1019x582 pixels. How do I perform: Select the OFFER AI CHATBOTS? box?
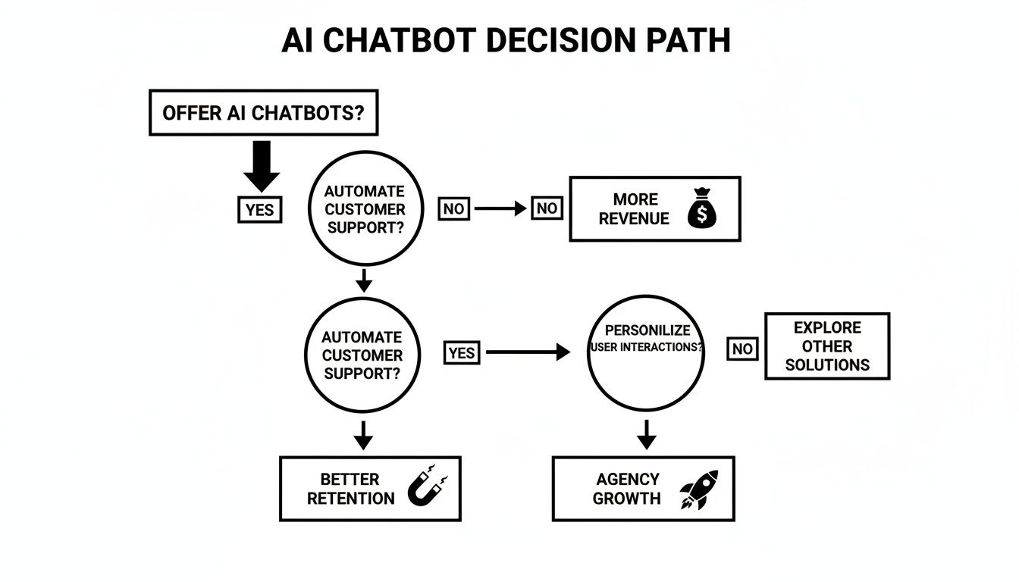tap(263, 113)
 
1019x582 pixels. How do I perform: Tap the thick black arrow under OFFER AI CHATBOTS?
tap(262, 165)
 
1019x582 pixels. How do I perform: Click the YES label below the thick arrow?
tap(260, 209)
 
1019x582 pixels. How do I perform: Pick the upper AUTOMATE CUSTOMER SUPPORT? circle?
tap(364, 209)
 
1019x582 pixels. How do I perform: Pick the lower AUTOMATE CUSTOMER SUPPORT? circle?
tap(362, 355)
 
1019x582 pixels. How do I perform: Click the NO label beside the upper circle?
tap(453, 208)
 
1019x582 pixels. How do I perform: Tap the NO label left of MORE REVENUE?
tap(547, 208)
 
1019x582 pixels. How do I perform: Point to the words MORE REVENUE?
tap(634, 209)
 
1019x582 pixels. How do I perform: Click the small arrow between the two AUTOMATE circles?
tap(364, 280)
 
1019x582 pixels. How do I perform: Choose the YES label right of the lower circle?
tap(462, 352)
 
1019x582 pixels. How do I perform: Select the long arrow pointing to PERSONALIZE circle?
tap(528, 352)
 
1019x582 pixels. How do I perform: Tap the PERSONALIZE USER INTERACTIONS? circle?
tap(646, 353)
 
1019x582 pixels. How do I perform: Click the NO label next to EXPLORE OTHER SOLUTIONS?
tap(742, 349)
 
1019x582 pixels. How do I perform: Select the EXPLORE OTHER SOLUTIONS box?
tap(827, 346)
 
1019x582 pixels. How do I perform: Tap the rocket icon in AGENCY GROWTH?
tap(698, 489)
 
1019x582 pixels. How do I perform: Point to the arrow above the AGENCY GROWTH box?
tap(646, 434)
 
